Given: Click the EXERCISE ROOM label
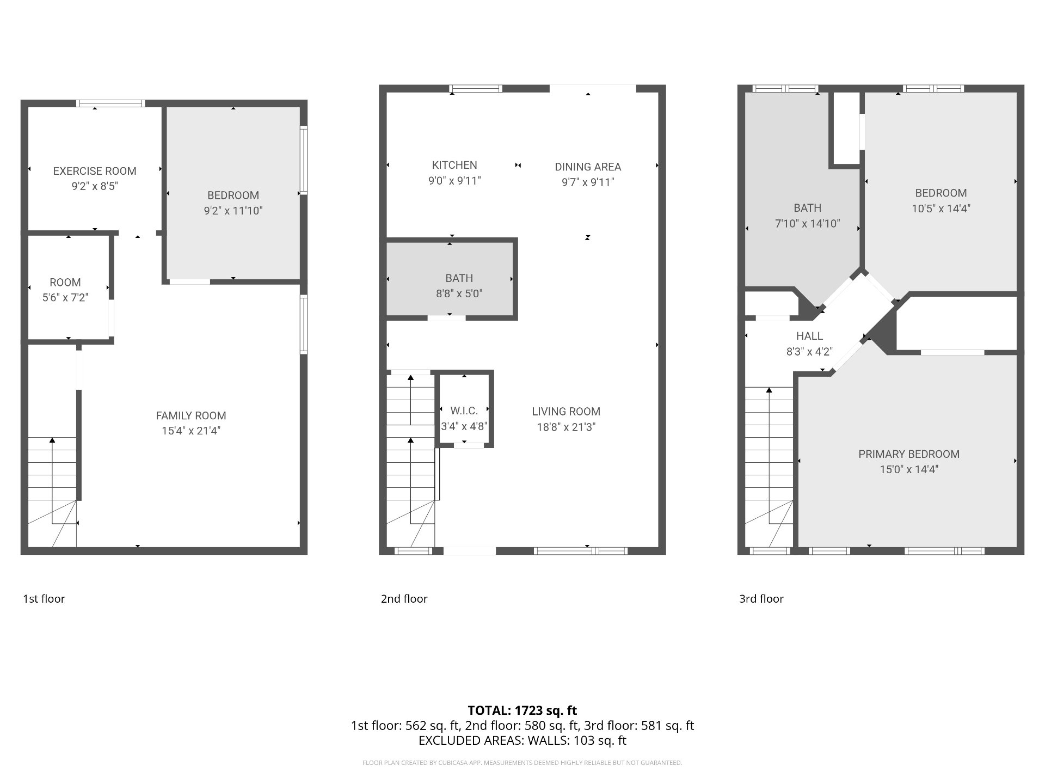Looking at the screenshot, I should pos(95,171).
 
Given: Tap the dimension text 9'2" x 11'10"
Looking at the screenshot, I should pos(233,211).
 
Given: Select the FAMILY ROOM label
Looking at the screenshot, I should pos(190,416).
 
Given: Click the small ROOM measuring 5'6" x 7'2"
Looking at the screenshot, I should pos(65,289).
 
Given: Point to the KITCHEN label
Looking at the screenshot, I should pos(454,165).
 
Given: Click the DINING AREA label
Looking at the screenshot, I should pos(588,167).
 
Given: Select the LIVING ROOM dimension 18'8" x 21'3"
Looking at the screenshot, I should pos(566,427).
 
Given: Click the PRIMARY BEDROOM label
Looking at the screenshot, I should pos(908,454).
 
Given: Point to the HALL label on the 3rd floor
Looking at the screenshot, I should pos(809,336).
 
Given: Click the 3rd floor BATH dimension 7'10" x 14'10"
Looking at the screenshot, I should pos(807,223).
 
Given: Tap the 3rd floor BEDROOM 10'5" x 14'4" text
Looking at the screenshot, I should pos(941,209).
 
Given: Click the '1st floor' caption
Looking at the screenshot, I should pos(44,599).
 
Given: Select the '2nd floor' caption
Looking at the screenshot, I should pos(404,599).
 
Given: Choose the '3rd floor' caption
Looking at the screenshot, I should pos(761,599).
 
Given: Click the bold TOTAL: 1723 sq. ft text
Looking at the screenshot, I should pos(522,710).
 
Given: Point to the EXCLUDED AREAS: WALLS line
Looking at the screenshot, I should pos(522,740).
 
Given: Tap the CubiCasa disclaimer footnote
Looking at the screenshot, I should pos(522,763).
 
